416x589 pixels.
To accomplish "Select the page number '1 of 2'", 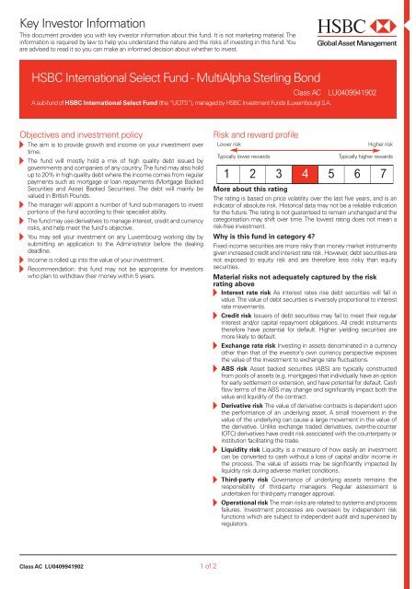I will coord(207,568).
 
